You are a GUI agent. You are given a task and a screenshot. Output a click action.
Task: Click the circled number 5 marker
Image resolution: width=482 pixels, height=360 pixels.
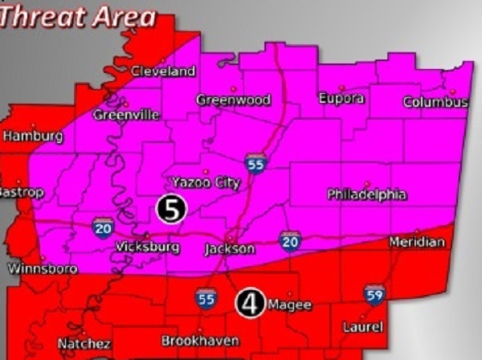[x=171, y=208]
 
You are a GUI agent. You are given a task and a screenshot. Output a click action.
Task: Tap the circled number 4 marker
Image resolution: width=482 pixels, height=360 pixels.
[x=250, y=303]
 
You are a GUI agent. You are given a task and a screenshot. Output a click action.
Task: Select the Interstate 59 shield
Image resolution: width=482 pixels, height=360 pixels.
[x=374, y=294]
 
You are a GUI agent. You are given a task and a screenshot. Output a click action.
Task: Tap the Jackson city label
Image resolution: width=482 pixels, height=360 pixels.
[x=229, y=249]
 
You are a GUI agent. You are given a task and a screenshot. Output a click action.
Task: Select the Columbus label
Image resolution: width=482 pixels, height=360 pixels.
[x=435, y=103]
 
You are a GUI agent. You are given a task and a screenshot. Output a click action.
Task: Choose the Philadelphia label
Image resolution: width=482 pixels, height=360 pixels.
[x=366, y=194]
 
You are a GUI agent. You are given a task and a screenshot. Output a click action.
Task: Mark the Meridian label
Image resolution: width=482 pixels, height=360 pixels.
[x=416, y=242]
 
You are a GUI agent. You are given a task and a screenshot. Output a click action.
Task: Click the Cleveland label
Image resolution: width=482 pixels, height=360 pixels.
[x=163, y=71]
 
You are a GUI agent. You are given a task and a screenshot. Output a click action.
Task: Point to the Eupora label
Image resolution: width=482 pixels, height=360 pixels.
[x=341, y=98]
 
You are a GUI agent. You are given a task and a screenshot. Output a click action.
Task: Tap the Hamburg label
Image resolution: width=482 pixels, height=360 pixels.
[x=32, y=137]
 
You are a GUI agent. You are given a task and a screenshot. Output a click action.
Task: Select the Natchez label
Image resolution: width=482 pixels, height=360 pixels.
[x=84, y=344]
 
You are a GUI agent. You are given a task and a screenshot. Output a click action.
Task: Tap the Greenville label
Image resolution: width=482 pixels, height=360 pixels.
[x=126, y=115]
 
